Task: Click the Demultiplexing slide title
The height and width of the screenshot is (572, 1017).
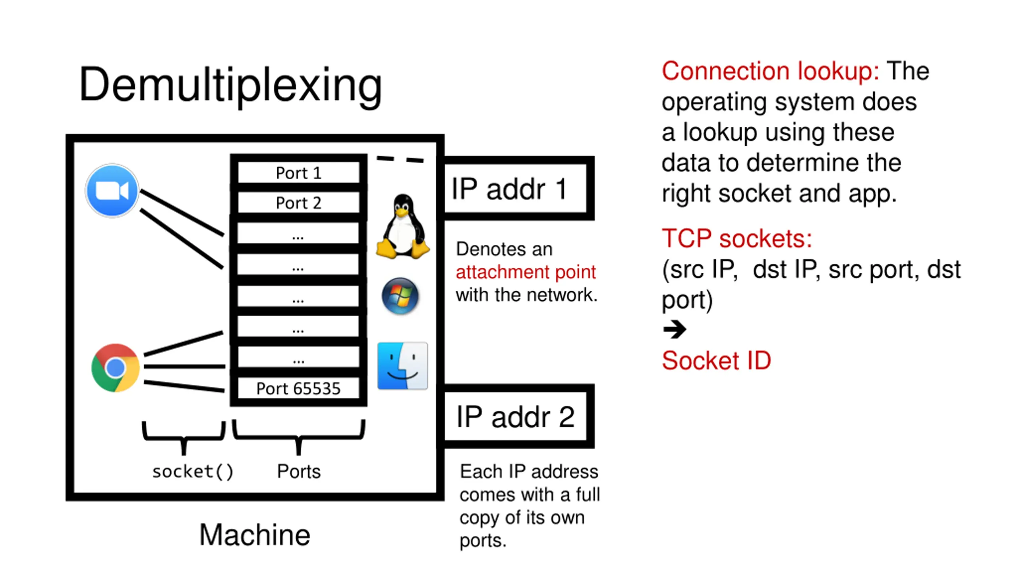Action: click(x=230, y=84)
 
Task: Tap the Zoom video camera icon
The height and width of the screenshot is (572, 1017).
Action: click(x=112, y=191)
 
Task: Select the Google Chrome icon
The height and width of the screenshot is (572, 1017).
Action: click(x=115, y=367)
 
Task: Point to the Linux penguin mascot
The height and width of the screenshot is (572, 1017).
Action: click(x=402, y=227)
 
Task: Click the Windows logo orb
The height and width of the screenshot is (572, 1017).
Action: click(x=400, y=296)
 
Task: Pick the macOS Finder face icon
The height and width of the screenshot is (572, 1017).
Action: click(x=402, y=366)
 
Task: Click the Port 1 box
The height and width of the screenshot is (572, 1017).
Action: click(x=298, y=173)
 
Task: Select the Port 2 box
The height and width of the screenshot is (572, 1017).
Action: click(x=298, y=203)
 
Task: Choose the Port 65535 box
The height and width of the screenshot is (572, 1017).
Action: click(x=298, y=388)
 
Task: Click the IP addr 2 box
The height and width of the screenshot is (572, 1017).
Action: click(x=515, y=417)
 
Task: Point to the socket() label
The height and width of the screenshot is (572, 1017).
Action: click(x=193, y=472)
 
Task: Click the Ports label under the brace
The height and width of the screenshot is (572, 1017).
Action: click(x=299, y=472)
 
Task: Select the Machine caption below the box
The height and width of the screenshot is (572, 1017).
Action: click(x=255, y=535)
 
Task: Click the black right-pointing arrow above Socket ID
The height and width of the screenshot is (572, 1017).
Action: click(x=675, y=329)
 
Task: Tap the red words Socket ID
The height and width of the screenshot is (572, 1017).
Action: click(x=716, y=361)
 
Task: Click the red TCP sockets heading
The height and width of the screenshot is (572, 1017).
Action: click(x=737, y=239)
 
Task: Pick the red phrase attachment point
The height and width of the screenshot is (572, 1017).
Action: click(x=526, y=272)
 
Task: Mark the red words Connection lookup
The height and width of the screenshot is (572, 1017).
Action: click(x=770, y=71)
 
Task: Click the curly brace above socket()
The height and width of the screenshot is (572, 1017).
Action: click(x=184, y=437)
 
